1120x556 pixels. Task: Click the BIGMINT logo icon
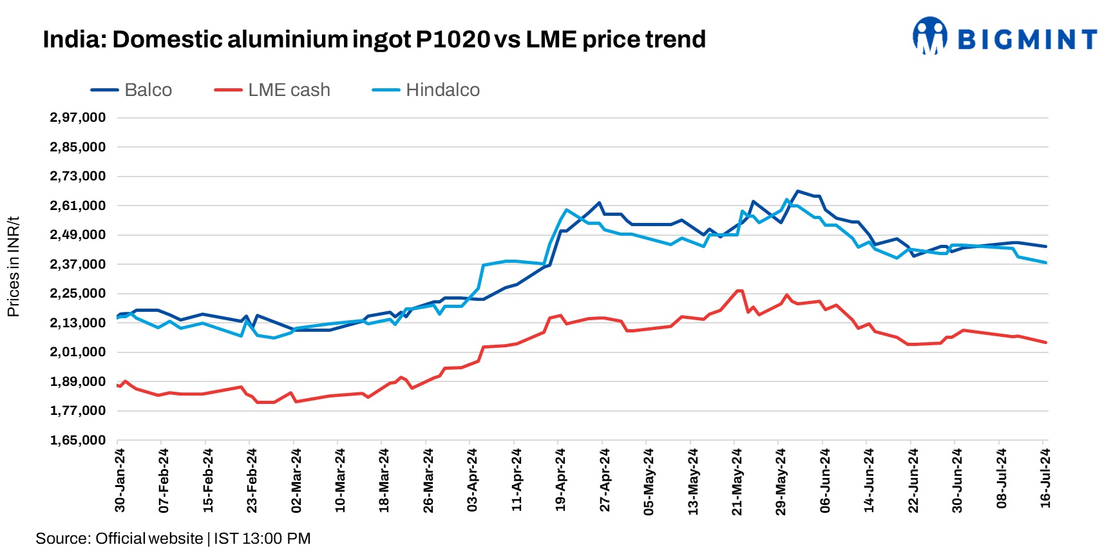[x=929, y=36]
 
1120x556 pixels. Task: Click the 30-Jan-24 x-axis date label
[x=120, y=480]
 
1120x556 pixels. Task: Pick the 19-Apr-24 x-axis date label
[x=560, y=480]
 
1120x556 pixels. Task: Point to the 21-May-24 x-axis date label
[x=737, y=481]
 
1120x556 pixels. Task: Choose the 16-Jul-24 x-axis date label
[x=1045, y=479]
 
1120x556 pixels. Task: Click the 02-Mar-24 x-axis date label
[x=296, y=481]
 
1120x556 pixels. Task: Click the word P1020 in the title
[x=453, y=39]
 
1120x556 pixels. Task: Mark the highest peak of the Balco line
[x=797, y=191]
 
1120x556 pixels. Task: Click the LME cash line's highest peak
[x=739, y=291]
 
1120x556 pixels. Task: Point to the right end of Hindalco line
[x=1045, y=263]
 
